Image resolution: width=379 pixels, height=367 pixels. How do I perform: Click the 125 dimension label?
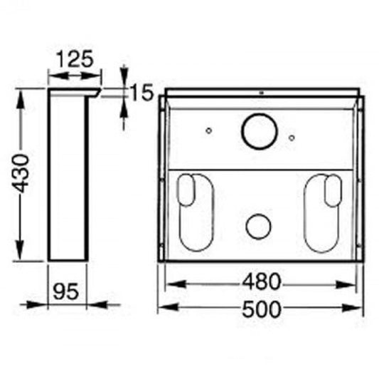74,59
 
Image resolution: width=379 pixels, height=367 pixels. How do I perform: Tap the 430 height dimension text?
20,173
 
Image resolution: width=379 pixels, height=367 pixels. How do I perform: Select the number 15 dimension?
142,92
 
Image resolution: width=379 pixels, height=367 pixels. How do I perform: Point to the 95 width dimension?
65,291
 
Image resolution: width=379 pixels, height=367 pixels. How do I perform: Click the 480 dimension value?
262,281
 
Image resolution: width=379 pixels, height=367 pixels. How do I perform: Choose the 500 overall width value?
262,309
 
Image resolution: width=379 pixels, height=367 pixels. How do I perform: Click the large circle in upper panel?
260,131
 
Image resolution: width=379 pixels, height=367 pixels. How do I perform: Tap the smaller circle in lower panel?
258,226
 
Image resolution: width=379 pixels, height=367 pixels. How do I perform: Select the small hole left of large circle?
209,130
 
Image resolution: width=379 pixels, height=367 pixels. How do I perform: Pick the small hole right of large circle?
292,138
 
